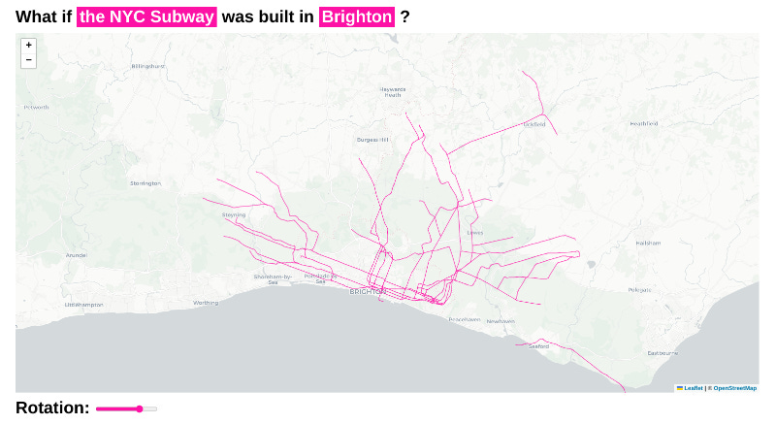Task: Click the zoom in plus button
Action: (28, 45)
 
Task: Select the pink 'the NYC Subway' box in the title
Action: (146, 16)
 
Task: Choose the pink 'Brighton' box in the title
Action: (357, 16)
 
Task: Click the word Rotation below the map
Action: (52, 408)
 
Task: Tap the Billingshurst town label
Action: (148, 66)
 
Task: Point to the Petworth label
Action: (37, 107)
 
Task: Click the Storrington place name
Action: (145, 182)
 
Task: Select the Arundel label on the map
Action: (76, 255)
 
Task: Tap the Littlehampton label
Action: (83, 304)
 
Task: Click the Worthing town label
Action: (206, 303)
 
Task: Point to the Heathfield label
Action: (643, 124)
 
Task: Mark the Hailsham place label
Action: (647, 243)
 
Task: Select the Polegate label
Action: (640, 290)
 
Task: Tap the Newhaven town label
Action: (501, 321)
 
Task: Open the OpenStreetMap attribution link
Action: (734, 388)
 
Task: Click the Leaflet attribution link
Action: (693, 388)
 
